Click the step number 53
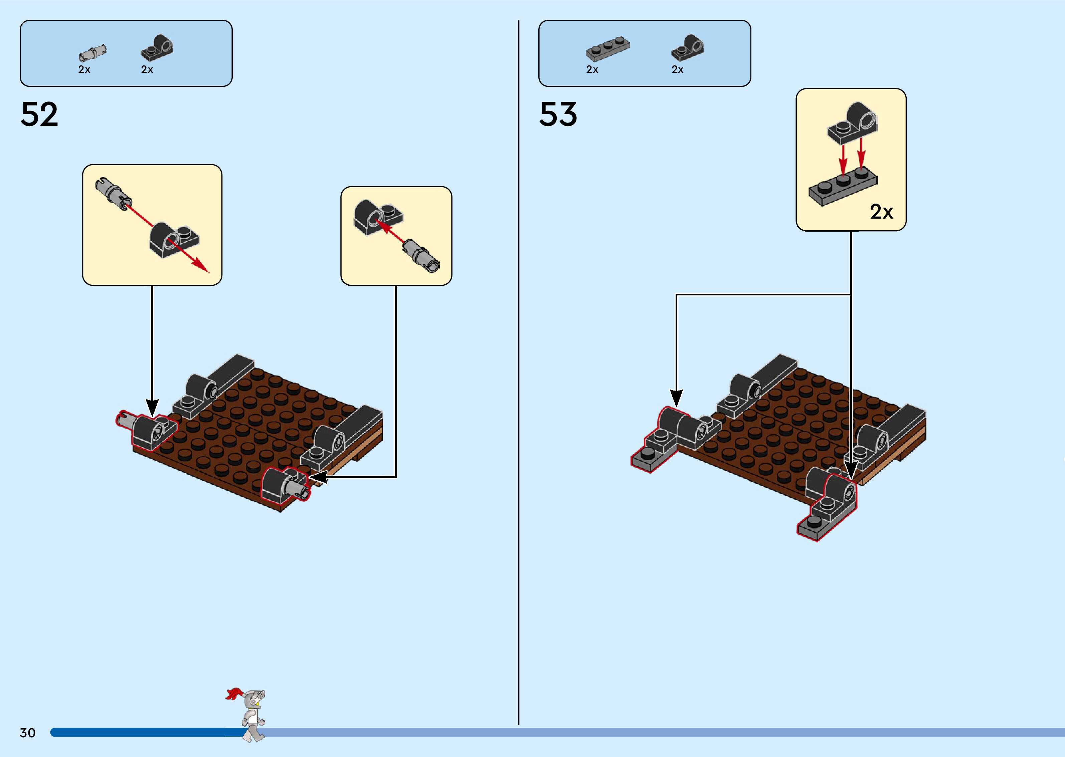[558, 115]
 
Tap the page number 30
[27, 733]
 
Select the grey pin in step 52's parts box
[92, 53]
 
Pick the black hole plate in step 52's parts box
[157, 47]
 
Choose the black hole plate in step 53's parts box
[688, 47]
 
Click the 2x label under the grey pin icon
[84, 69]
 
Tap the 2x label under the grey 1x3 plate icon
[592, 69]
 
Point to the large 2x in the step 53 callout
[881, 212]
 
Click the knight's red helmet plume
[234, 694]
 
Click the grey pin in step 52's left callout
[114, 194]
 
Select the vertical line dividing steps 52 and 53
[519, 373]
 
